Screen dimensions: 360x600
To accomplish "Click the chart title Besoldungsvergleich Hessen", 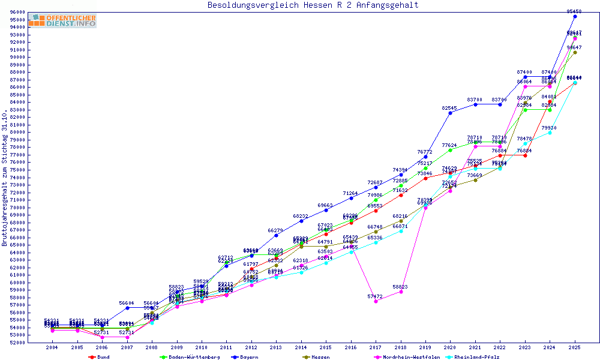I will coord(313,5).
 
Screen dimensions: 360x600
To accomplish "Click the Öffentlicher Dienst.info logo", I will coord(62,21).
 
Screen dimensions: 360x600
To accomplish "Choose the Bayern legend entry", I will coord(247,356).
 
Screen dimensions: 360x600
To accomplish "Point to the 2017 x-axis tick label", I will coord(376,347).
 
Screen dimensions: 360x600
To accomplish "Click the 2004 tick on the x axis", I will coord(52,347).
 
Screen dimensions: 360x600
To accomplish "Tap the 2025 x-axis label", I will coord(575,347).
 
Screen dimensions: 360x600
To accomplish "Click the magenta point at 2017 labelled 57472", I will coord(376,301).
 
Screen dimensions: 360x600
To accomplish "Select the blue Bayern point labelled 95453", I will coord(575,16).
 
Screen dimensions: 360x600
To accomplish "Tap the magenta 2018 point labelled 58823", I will coord(401,292).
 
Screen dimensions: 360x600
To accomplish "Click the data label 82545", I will coord(449,108).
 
